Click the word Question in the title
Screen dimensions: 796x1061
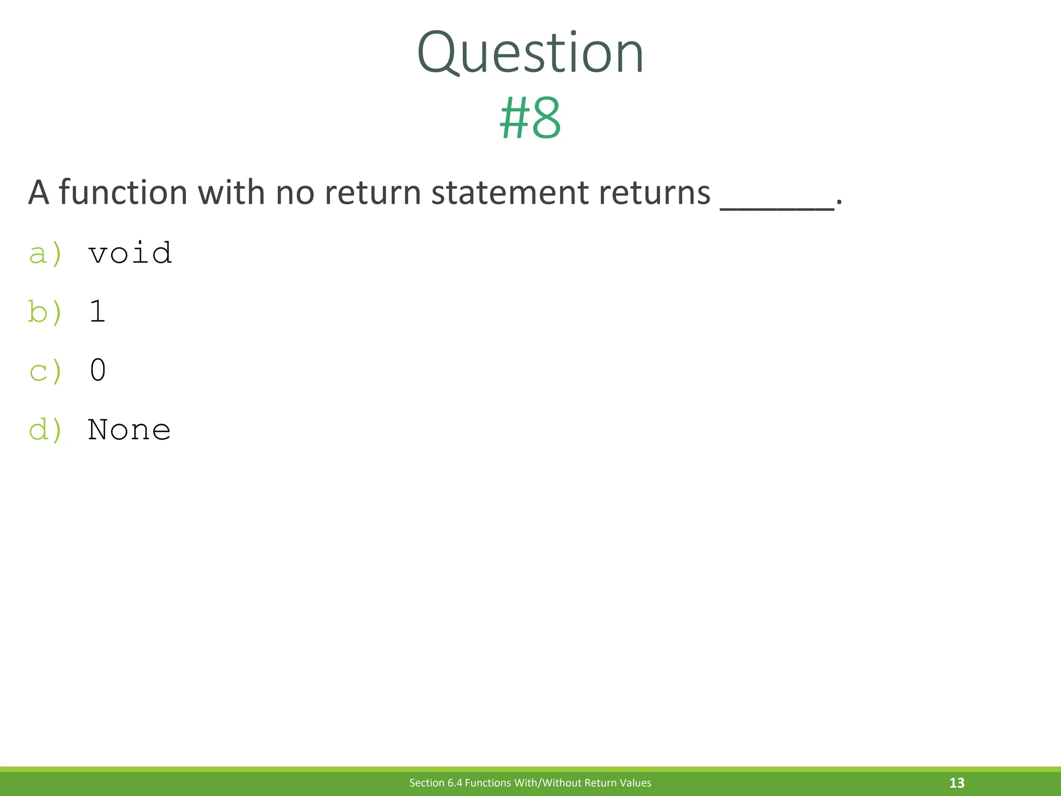pyautogui.click(x=530, y=53)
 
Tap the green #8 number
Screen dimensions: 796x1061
pyautogui.click(x=530, y=119)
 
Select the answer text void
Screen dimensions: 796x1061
pyautogui.click(x=130, y=253)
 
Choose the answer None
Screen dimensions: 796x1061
pyautogui.click(x=130, y=430)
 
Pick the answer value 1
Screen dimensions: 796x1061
pyautogui.click(x=97, y=312)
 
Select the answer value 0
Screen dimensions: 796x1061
pyautogui.click(x=97, y=371)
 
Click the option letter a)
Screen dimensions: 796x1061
pyautogui.click(x=46, y=253)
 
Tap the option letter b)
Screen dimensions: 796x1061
pyautogui.click(x=46, y=312)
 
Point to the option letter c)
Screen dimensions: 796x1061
pyautogui.click(x=46, y=371)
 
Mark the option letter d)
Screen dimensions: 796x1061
pyautogui.click(x=46, y=430)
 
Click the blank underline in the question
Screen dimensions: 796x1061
pyautogui.click(x=777, y=207)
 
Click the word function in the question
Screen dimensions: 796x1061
pyautogui.click(x=123, y=193)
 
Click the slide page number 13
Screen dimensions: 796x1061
pyautogui.click(x=956, y=783)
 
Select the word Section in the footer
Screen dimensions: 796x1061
pyautogui.click(x=427, y=783)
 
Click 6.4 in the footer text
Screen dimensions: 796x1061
pyautogui.click(x=455, y=783)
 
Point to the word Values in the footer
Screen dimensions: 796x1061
pyautogui.click(x=635, y=783)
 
